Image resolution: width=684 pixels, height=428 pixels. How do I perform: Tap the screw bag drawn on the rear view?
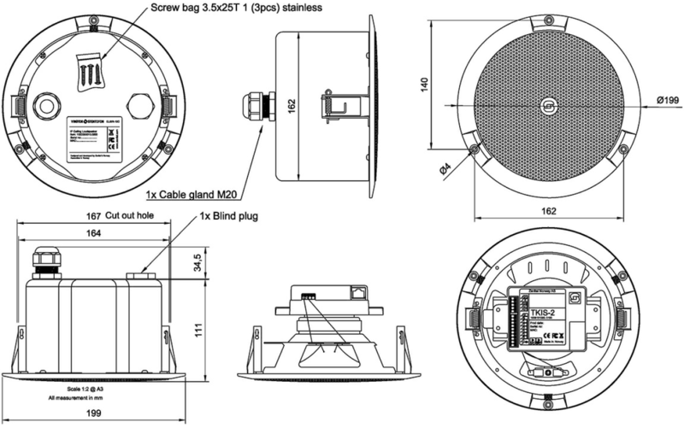(x=88, y=67)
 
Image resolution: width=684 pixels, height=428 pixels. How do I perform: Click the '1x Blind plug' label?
(x=228, y=216)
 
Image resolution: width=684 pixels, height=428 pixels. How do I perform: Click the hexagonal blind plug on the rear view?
(x=138, y=106)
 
